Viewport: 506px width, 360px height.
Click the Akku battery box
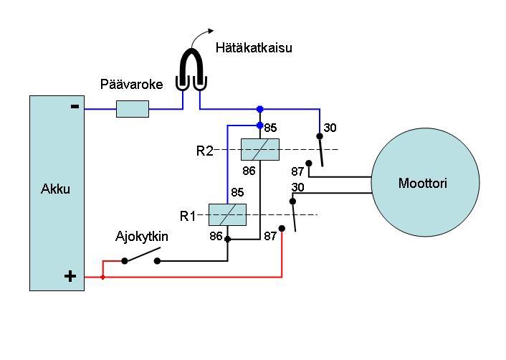[x=57, y=192]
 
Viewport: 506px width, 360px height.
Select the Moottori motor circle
[x=425, y=184]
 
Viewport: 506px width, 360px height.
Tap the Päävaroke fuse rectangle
[x=133, y=109]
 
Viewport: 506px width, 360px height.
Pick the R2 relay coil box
[x=259, y=150]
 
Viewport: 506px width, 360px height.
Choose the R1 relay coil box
[x=226, y=214]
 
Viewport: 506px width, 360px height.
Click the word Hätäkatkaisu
[x=254, y=49]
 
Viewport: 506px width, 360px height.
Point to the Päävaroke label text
[x=131, y=85]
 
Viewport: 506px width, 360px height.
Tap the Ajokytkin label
[x=142, y=236]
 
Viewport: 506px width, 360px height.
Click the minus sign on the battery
[x=75, y=107]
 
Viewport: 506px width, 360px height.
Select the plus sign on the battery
[x=70, y=276]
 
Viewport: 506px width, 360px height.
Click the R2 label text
[x=205, y=151]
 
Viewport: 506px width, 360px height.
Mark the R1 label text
[x=188, y=216]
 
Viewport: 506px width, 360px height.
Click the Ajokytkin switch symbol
[x=141, y=258]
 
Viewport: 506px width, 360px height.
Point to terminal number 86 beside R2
[x=249, y=171]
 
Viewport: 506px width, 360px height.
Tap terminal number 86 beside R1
[x=216, y=235]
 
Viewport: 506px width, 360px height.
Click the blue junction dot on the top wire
[x=259, y=109]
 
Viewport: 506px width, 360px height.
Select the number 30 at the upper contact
[x=330, y=128]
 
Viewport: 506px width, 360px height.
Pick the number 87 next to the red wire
[x=270, y=236]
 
